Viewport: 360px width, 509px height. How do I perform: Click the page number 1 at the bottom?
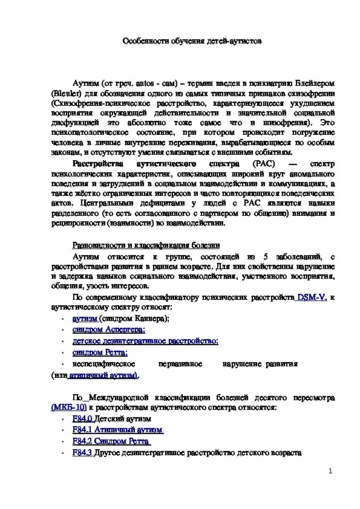(x=331, y=471)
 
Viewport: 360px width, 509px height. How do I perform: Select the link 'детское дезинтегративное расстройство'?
(x=145, y=340)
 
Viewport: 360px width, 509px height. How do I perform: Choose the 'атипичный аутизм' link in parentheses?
(x=102, y=375)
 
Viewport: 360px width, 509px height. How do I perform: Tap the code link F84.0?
(x=82, y=418)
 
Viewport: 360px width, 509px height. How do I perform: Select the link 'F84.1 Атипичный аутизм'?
(x=118, y=430)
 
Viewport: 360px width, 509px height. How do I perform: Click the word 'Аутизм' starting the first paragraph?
(x=85, y=83)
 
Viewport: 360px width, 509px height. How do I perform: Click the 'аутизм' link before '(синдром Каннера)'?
(x=85, y=317)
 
